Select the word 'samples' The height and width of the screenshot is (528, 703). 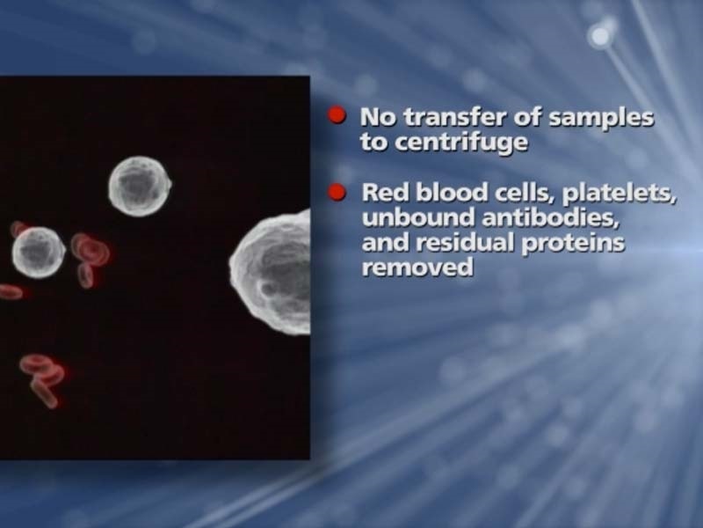click(601, 119)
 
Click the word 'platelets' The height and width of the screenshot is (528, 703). click(619, 194)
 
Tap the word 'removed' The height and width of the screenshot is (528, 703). click(417, 268)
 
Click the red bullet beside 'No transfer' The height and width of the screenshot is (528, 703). click(337, 116)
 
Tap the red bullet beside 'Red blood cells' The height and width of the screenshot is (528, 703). click(337, 193)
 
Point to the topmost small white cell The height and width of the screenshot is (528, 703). click(140, 186)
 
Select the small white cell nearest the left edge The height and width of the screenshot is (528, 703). click(39, 253)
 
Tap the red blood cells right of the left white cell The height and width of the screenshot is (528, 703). click(90, 258)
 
